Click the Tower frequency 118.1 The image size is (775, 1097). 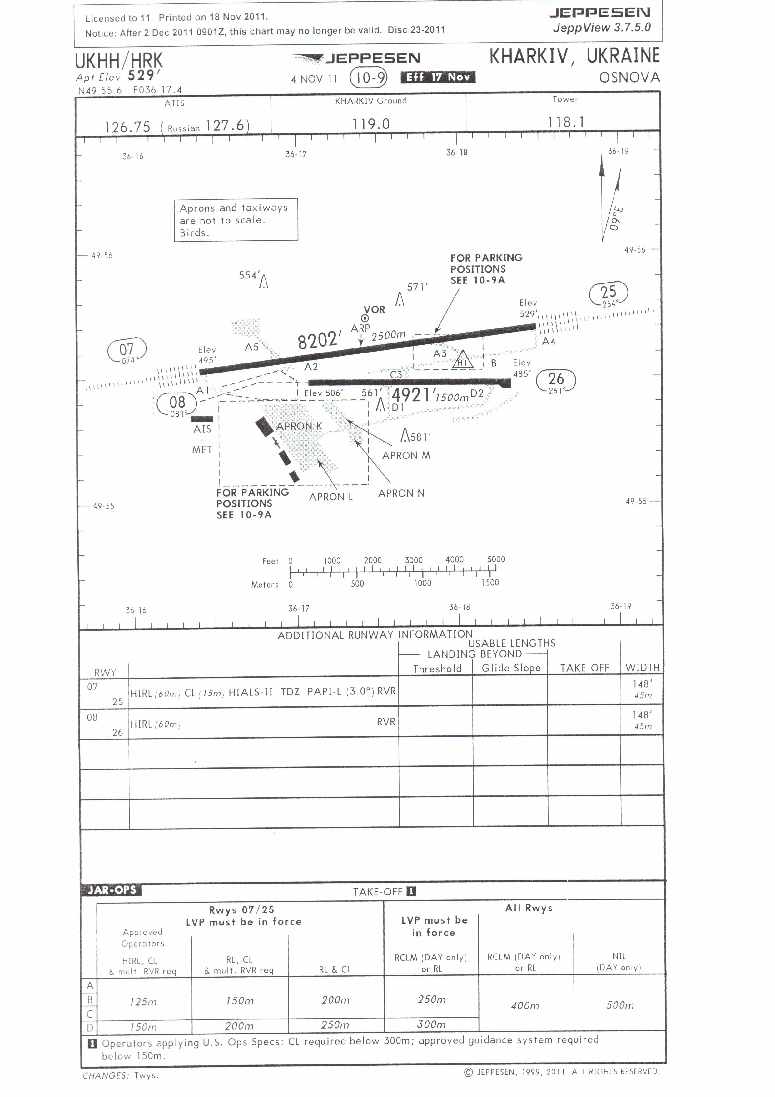[566, 122]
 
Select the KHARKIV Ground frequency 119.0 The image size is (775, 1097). [371, 124]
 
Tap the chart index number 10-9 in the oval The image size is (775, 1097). [368, 78]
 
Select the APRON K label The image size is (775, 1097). [299, 426]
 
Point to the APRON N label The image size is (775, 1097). [401, 493]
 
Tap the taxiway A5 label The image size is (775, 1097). [252, 347]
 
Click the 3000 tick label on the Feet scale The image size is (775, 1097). [414, 560]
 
